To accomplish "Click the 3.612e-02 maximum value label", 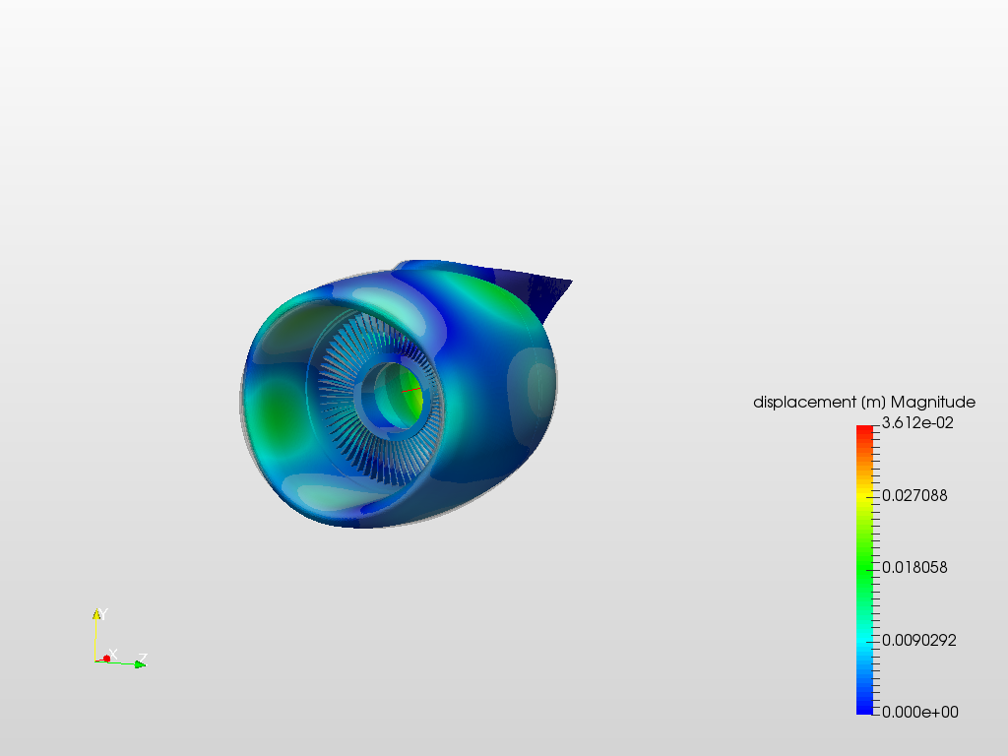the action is tap(917, 423).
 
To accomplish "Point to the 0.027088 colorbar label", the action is tap(914, 496).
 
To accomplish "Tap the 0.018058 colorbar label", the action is tap(914, 568).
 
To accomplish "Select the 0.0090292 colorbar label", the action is tap(918, 640).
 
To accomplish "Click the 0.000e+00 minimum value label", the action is tap(920, 713).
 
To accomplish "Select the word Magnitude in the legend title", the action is tap(933, 403).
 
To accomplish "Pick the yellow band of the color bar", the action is tap(864, 496).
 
